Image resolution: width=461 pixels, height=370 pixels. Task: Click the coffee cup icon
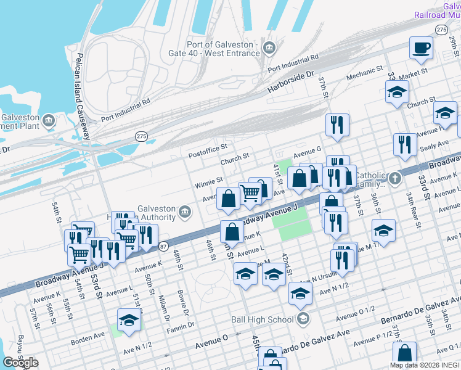click(x=422, y=48)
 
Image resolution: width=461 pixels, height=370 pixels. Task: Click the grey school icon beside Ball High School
click(x=303, y=319)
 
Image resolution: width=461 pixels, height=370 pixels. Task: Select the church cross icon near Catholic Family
click(x=395, y=179)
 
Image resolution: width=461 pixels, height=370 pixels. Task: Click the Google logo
click(x=20, y=363)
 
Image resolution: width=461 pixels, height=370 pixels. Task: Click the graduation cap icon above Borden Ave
click(x=129, y=320)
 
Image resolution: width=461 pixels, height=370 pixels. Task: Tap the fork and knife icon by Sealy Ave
click(x=404, y=144)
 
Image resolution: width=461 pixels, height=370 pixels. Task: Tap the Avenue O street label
click(x=211, y=339)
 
